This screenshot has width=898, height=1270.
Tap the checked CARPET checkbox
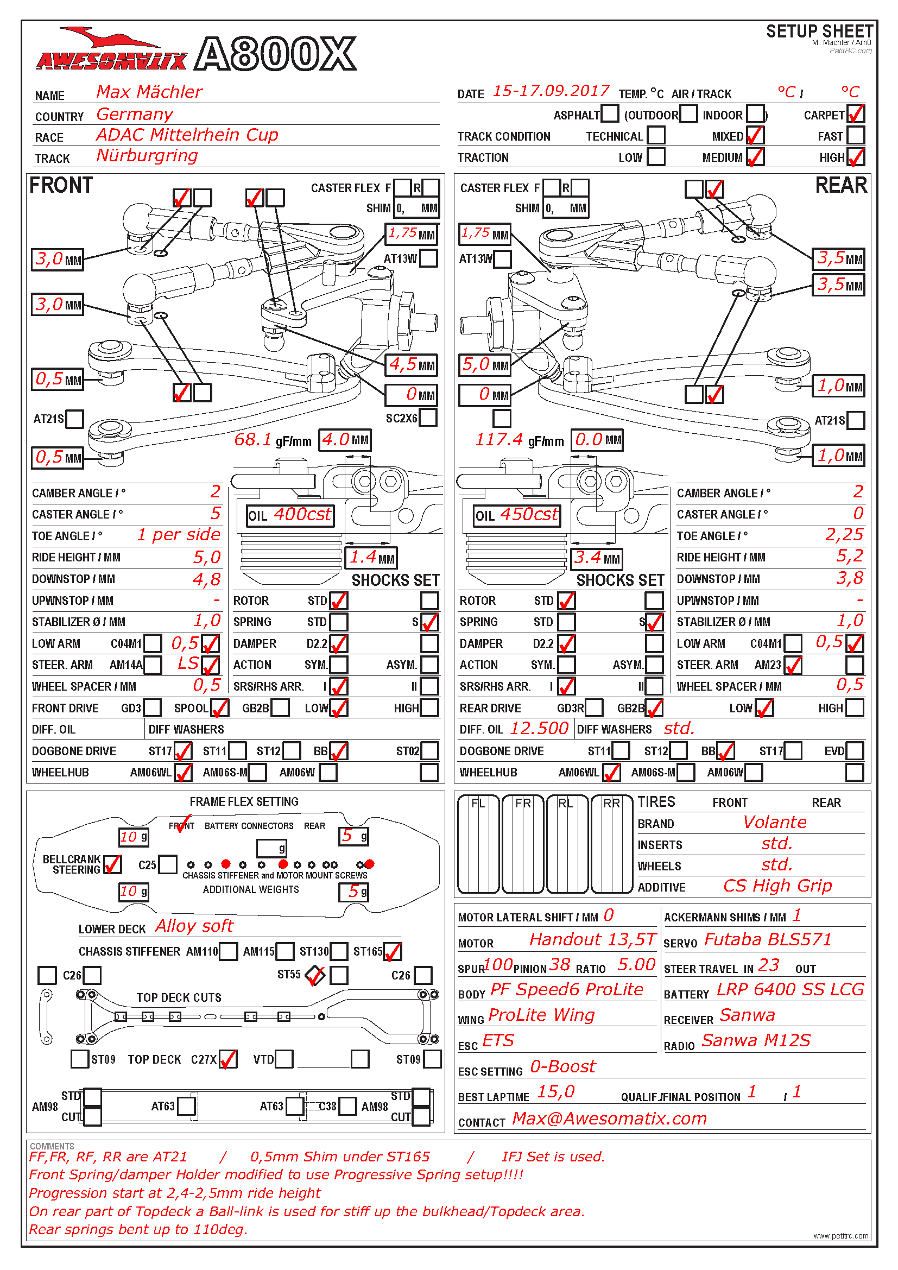pos(856,114)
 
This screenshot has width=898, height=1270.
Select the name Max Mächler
pos(149,92)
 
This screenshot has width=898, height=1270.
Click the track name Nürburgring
pos(147,155)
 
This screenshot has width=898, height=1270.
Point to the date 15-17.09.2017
pos(551,91)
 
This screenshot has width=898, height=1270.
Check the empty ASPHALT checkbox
pos(609,114)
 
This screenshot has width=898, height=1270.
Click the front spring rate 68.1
pos(252,440)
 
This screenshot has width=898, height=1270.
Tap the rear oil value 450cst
pos(529,515)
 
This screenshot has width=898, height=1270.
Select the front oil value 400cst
pos(302,515)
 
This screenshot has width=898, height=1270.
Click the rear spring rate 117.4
pos(499,440)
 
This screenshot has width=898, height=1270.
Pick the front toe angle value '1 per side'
pos(179,535)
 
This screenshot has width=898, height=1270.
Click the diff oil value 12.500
pos(539,729)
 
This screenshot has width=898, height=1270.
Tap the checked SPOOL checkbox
pos(219,707)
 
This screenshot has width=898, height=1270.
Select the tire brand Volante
pos(775,823)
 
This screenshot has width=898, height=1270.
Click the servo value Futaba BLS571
pos(768,940)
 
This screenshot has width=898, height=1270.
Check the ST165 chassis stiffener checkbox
pos(392,951)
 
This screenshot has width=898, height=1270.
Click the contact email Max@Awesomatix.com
pos(609,1119)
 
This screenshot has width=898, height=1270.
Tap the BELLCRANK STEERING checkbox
pos(112,864)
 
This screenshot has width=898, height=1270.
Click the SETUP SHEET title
pos(819,31)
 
